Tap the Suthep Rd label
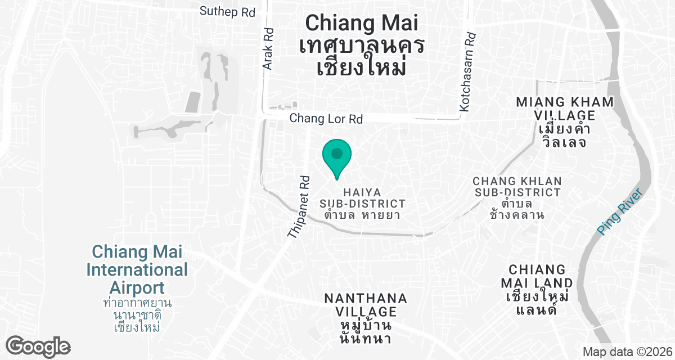[x=227, y=11]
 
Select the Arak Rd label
[x=268, y=49]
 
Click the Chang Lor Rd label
[x=326, y=119]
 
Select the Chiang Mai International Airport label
[x=137, y=269]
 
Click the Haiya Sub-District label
[x=362, y=197]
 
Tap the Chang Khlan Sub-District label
[x=517, y=187]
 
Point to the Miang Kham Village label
[x=565, y=109]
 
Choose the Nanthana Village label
[x=366, y=304]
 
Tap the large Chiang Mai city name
[x=362, y=23]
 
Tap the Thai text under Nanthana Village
[x=366, y=332]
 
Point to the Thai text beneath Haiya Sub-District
[x=362, y=214]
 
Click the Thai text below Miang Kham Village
[x=565, y=136]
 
